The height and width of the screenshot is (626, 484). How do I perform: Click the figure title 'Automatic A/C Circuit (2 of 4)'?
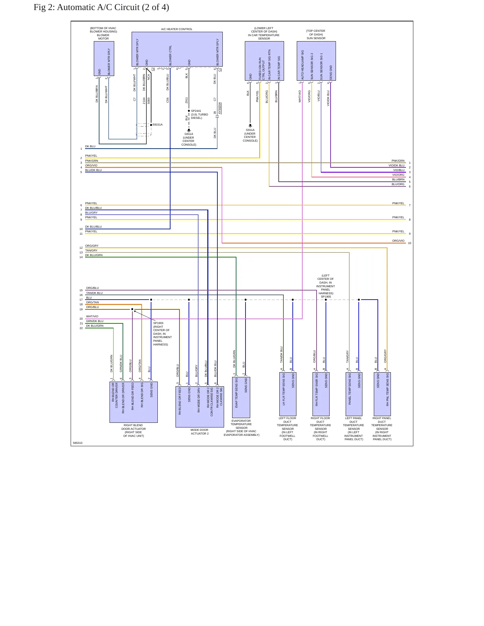point(113,7)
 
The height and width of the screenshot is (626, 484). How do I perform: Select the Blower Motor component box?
point(104,59)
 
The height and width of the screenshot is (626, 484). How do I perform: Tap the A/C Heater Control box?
point(177,50)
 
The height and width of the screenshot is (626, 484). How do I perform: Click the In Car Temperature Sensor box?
point(264,61)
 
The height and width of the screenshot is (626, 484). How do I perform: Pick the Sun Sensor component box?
point(316,61)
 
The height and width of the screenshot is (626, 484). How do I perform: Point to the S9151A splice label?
point(157,125)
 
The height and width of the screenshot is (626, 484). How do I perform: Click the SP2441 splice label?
point(196,111)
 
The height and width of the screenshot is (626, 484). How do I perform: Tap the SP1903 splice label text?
point(158,323)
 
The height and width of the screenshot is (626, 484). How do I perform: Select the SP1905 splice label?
point(326,297)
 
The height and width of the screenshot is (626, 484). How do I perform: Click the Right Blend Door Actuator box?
point(134,402)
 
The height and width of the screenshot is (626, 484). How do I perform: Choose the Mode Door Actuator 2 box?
point(200,407)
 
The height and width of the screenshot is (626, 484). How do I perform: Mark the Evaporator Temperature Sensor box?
point(241,397)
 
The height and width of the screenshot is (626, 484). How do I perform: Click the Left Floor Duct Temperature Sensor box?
point(288,394)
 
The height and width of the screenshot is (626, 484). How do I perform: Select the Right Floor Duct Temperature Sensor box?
point(321,394)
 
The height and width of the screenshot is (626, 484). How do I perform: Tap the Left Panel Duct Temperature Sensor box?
point(354,394)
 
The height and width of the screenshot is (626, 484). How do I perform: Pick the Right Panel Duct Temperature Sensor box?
point(382,394)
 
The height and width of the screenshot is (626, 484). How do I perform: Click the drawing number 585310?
point(77,443)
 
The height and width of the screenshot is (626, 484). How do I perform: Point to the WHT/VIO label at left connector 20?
point(92,316)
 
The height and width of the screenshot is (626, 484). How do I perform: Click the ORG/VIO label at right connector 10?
point(398,241)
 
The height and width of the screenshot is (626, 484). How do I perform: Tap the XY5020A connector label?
point(220,108)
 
